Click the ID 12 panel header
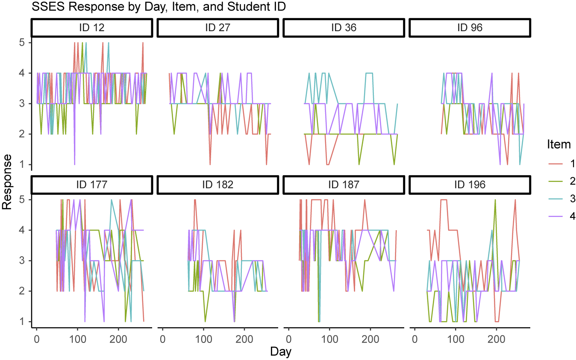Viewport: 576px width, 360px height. coord(92,28)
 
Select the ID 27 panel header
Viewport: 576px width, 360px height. coord(218,28)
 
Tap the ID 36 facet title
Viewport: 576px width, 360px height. coord(344,28)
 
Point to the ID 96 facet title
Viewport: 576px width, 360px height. coord(470,28)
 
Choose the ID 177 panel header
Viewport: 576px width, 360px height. coord(92,185)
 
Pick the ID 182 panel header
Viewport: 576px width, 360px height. coord(218,185)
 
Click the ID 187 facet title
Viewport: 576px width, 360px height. coord(344,185)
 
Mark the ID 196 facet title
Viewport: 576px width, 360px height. coord(470,185)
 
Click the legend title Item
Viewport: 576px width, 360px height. coord(559,144)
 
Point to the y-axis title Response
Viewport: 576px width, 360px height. coord(7,181)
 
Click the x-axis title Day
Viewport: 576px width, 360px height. coord(281,352)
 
